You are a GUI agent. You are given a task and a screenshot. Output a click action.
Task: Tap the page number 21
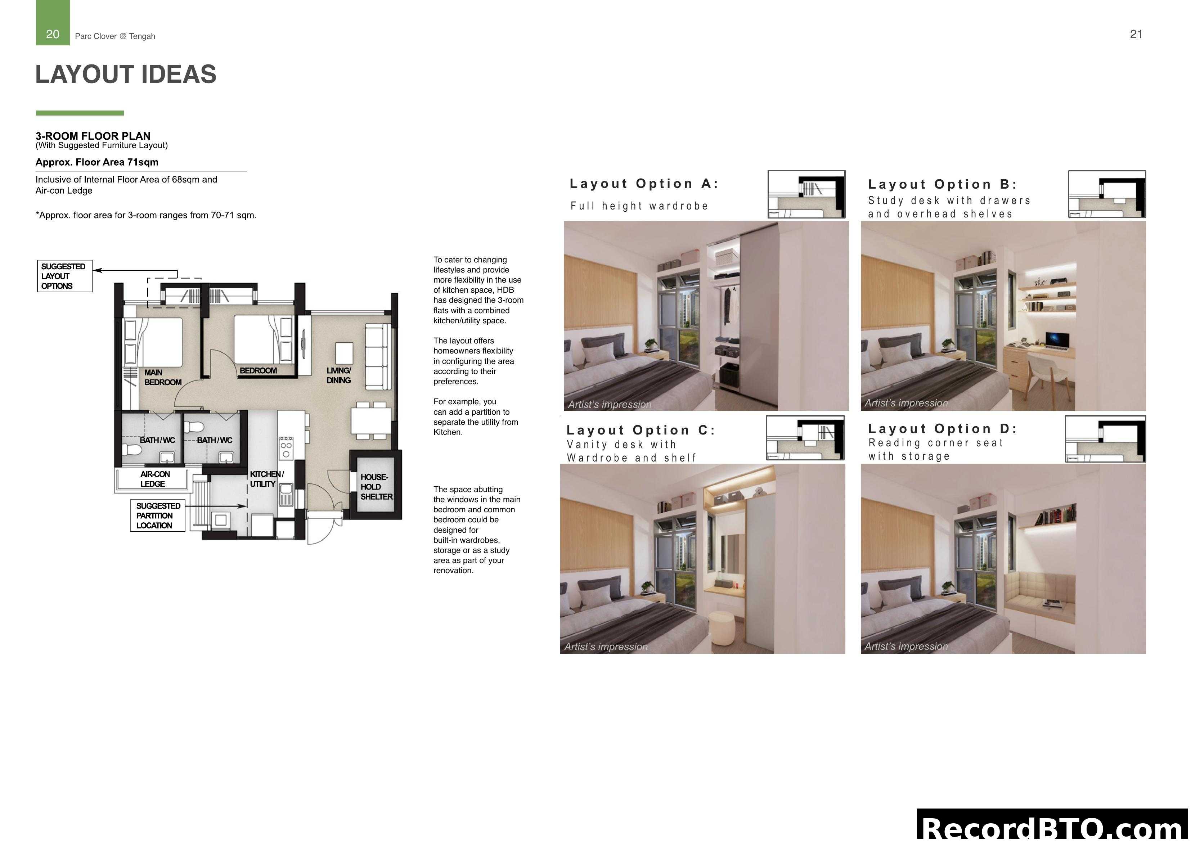point(1136,34)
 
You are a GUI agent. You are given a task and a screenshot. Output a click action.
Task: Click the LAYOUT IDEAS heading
point(126,74)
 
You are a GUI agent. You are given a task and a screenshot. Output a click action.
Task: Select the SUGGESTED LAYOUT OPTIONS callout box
point(64,276)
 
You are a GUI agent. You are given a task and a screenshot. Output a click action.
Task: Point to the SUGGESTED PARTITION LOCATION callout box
point(158,515)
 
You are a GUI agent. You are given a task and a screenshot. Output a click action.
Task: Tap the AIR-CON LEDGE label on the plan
point(154,479)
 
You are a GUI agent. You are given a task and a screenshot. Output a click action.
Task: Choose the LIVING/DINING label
point(339,375)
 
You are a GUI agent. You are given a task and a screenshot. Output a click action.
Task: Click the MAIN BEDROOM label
point(162,377)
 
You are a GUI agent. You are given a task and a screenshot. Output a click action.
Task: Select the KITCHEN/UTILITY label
point(266,479)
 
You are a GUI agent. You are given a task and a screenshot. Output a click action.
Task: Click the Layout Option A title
point(644,184)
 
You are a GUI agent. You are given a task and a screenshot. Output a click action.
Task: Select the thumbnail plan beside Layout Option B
point(1106,194)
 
